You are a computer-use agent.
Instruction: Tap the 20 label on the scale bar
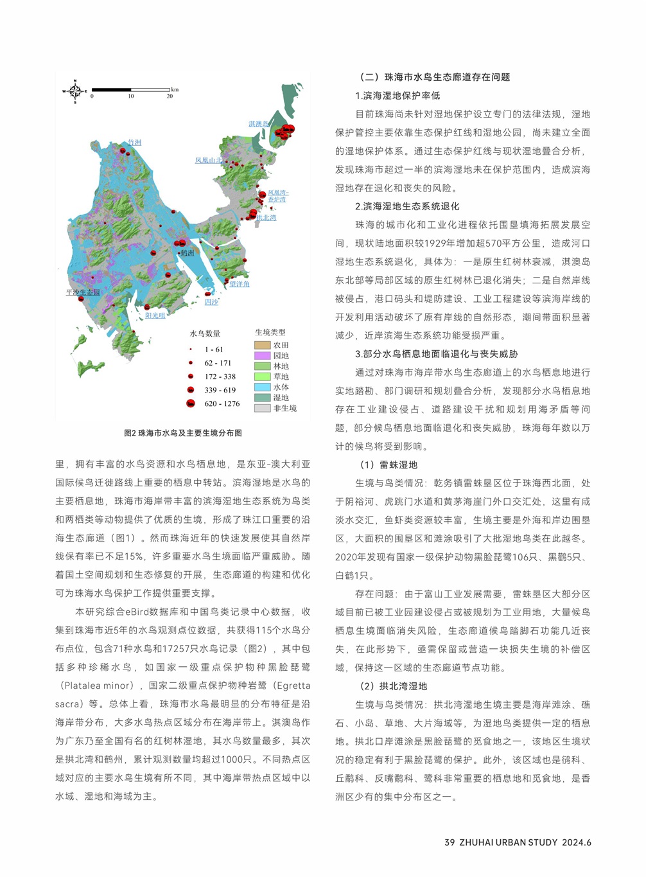pos(170,96)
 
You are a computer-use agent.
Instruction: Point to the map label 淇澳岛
pos(259,124)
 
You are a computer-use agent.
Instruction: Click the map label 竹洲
pos(134,143)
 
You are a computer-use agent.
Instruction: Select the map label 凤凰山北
pos(209,161)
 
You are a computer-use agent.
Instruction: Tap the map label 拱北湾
pos(266,218)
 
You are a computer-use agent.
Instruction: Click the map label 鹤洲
pos(187,253)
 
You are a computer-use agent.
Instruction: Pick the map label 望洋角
pos(240,283)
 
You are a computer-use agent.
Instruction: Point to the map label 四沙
pos(211,301)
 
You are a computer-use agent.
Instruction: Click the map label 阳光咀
pos(155,315)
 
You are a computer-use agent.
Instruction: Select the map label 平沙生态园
pos(83,292)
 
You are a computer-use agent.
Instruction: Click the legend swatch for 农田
pos(262,345)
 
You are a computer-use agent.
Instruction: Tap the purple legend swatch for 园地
pos(262,355)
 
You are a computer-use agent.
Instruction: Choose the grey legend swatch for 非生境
pos(262,408)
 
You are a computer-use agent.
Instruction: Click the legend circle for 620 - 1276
pos(191,403)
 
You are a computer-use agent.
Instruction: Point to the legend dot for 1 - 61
pos(191,350)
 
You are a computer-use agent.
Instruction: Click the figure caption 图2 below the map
pos(183,433)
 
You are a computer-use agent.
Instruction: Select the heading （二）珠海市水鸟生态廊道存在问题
pos(435,77)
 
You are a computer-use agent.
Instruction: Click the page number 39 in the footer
pos(450,842)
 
